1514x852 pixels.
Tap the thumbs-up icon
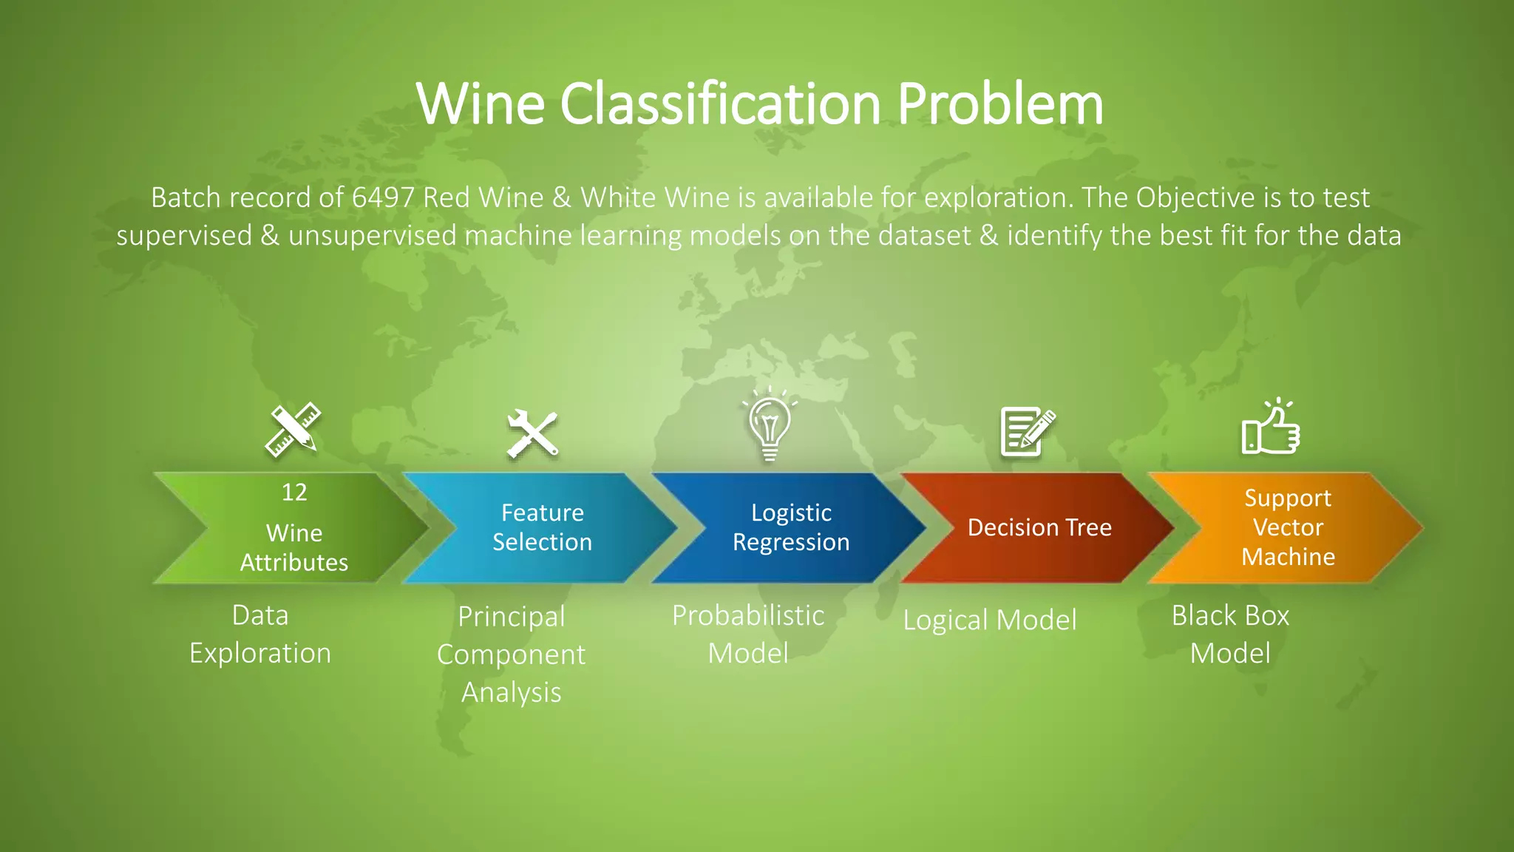(x=1270, y=428)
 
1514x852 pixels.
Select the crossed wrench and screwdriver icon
(x=532, y=433)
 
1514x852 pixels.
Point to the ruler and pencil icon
(x=293, y=430)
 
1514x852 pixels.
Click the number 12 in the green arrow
(x=294, y=493)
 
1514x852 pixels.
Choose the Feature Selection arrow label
(x=542, y=527)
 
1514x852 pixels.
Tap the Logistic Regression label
(x=791, y=527)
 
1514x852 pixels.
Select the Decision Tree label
(x=1039, y=527)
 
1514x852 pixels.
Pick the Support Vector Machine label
(x=1288, y=527)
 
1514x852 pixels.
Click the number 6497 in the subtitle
(x=383, y=198)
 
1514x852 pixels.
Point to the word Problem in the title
(x=1000, y=104)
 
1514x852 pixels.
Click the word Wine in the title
(x=481, y=104)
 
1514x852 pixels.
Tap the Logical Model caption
(x=990, y=620)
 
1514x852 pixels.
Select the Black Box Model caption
(x=1230, y=635)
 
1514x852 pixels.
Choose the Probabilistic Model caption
(x=748, y=635)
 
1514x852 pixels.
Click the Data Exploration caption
(x=260, y=635)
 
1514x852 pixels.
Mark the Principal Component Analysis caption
(x=511, y=655)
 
